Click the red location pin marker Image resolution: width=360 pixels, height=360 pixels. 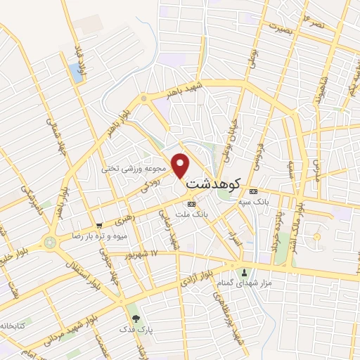click(x=181, y=165)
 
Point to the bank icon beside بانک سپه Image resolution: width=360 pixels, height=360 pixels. click(x=253, y=191)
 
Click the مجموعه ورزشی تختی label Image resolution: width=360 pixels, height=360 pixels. click(x=134, y=169)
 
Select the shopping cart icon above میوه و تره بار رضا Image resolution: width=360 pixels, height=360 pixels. click(x=100, y=226)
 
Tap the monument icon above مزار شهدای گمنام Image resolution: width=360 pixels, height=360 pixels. click(x=245, y=272)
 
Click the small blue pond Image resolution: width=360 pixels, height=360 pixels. click(x=75, y=71)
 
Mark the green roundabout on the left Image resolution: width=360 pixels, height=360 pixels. click(x=49, y=243)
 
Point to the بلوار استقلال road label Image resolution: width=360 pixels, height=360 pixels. click(x=79, y=274)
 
